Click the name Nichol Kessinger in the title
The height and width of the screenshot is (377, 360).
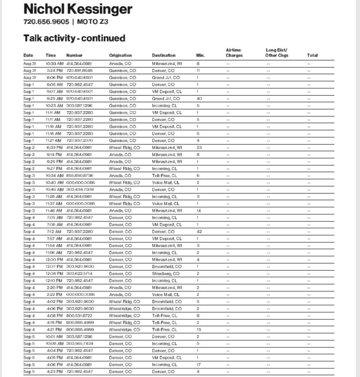78,10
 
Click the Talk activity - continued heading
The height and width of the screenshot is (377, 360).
74,38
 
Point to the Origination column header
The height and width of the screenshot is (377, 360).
120,56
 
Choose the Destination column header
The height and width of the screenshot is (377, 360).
164,56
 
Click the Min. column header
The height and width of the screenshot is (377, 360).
200,56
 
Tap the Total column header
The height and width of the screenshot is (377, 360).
312,56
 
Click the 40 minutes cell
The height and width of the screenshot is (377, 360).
199,98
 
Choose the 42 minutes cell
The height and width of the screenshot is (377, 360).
199,232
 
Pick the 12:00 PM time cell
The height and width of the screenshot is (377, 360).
54,260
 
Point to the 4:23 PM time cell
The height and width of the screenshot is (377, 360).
54,372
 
